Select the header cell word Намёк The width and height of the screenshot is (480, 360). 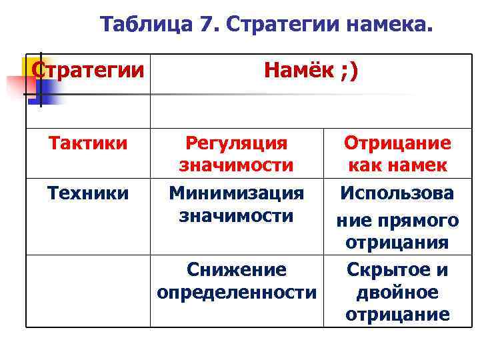[298, 70]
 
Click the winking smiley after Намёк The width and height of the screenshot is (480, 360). [349, 70]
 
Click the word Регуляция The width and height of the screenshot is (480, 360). [236, 143]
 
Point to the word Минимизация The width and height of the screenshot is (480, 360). [236, 193]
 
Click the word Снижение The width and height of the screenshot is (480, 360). [236, 269]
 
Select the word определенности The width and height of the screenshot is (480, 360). [236, 291]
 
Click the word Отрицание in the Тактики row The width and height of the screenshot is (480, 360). [397, 143]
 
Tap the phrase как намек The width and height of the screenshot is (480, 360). [397, 165]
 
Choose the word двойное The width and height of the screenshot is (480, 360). [397, 292]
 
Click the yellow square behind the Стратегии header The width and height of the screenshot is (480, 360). [28, 67]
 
